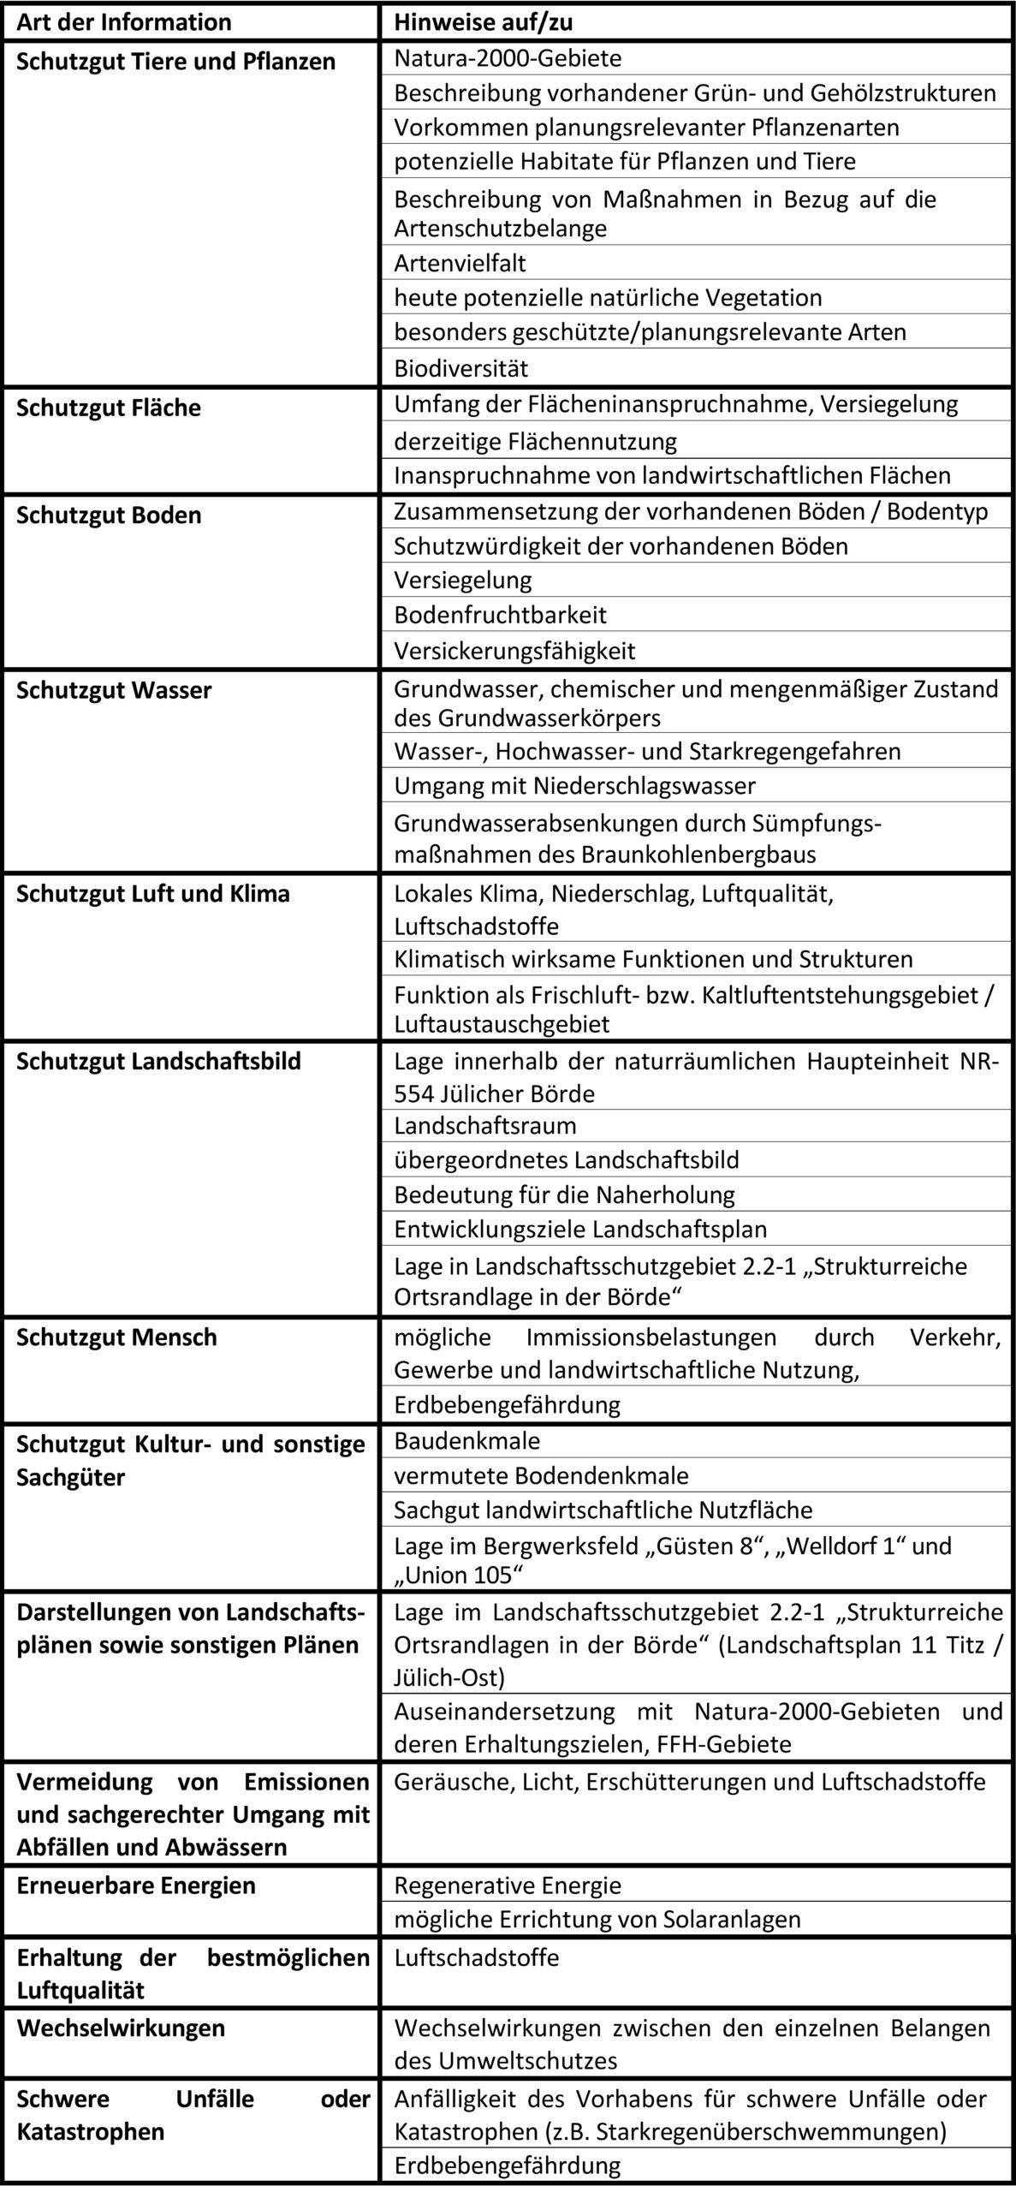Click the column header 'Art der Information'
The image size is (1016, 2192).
[x=124, y=22]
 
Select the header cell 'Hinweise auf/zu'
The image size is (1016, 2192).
[x=483, y=22]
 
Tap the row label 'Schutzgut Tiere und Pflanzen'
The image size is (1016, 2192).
[x=175, y=62]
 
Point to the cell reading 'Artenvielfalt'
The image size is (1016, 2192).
[x=460, y=263]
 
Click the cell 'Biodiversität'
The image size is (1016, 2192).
[x=460, y=369]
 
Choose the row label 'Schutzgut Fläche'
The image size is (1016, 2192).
[x=109, y=408]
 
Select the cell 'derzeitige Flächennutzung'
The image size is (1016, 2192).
[x=535, y=441]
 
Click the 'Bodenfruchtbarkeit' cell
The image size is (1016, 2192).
[x=500, y=615]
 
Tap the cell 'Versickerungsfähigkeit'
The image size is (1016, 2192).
[x=514, y=651]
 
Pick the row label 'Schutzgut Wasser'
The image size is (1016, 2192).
[x=114, y=690]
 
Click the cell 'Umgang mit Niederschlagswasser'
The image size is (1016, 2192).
[x=574, y=785]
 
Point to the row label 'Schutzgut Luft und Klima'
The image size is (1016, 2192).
[x=153, y=894]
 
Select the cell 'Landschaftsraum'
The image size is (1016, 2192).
[x=485, y=1125]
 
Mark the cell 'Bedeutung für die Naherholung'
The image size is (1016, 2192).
[x=564, y=1194]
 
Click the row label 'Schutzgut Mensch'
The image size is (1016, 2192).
[x=117, y=1337]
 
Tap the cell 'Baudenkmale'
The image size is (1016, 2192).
[x=466, y=1441]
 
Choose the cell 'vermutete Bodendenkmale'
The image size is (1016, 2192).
[x=541, y=1475]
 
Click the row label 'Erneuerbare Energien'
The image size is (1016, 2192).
[x=136, y=1885]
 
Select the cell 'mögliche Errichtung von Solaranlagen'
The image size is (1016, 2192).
[x=597, y=1919]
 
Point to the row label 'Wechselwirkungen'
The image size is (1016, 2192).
[x=121, y=2028]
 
